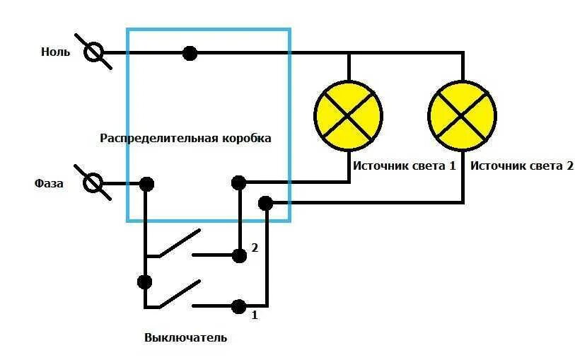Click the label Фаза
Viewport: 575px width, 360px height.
click(49, 184)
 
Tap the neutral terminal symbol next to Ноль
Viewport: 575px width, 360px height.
click(93, 53)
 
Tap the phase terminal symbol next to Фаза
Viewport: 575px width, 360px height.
click(93, 184)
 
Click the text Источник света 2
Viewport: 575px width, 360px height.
click(521, 166)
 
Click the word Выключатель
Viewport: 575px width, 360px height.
click(185, 337)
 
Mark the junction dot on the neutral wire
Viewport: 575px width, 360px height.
click(190, 53)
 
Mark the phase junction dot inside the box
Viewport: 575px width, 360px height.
click(146, 184)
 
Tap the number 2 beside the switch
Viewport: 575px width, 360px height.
click(255, 248)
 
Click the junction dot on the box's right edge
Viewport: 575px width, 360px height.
click(265, 204)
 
